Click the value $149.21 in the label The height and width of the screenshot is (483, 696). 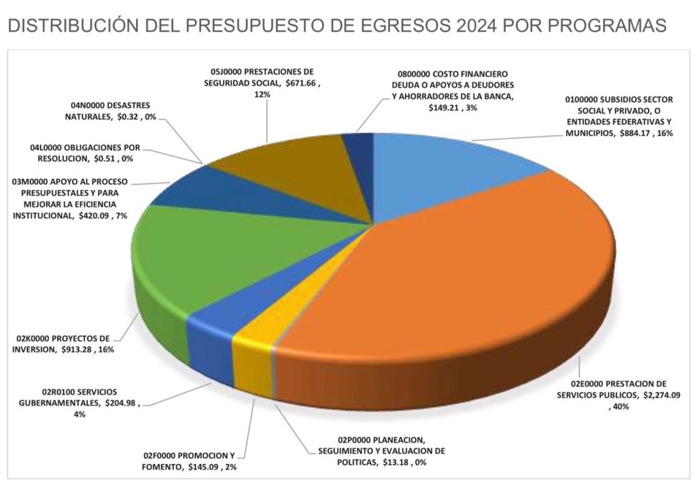click(445, 107)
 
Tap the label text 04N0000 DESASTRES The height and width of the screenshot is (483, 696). click(110, 105)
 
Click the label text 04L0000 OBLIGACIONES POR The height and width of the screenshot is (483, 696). click(86, 147)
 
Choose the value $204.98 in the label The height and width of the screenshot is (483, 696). click(123, 402)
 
